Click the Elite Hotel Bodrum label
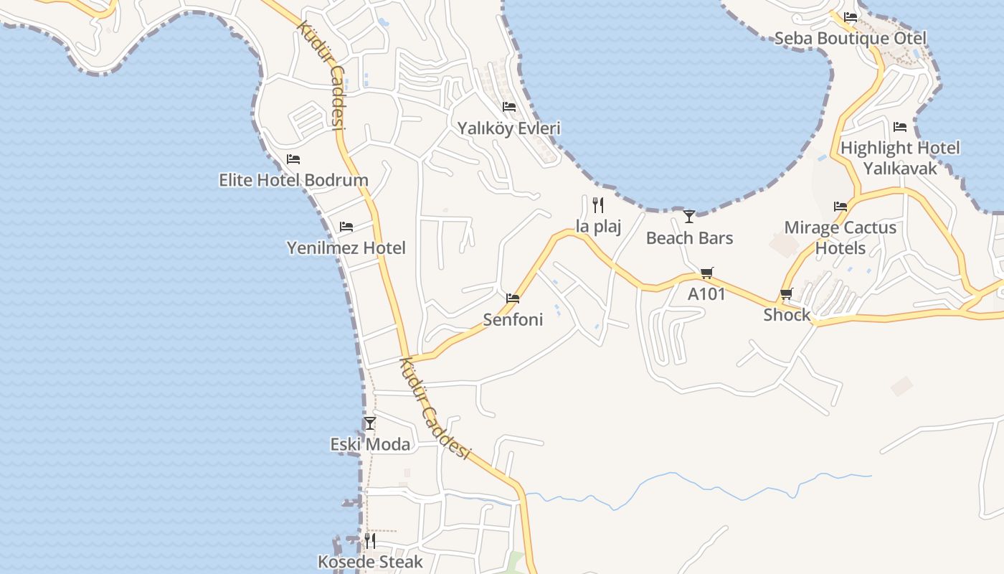tap(293, 179)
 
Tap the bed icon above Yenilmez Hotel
tap(346, 227)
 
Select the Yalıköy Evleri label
tap(509, 128)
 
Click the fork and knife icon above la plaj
tap(598, 205)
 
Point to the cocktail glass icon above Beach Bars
tap(689, 215)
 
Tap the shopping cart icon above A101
tap(707, 272)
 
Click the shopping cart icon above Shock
tap(787, 293)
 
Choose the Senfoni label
tap(513, 319)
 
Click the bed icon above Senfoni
tap(513, 298)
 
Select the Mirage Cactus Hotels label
tap(840, 237)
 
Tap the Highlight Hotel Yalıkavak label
tap(900, 158)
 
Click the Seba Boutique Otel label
tap(851, 38)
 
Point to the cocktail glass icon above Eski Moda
tap(370, 423)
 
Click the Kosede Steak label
tap(370, 561)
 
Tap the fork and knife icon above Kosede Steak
tap(370, 540)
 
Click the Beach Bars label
tap(689, 237)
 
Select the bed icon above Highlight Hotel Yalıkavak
tap(900, 127)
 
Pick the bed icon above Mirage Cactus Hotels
tap(840, 207)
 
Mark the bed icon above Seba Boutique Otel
tap(851, 17)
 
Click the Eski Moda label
tap(370, 444)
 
